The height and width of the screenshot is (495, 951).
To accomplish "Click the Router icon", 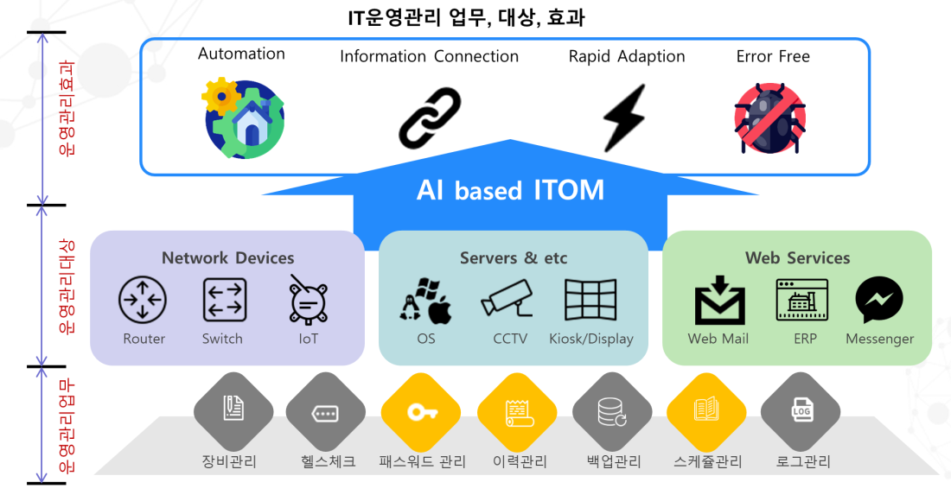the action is [143, 299].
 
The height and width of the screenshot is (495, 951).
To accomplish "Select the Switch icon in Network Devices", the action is [225, 300].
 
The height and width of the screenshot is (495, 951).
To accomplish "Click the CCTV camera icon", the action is [507, 298].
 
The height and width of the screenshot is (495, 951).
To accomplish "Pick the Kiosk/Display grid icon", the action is [590, 299].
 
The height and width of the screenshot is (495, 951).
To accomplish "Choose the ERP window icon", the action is [801, 299].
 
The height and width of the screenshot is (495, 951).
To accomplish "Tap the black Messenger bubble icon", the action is [879, 299].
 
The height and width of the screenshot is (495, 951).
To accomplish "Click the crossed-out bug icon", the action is [769, 118].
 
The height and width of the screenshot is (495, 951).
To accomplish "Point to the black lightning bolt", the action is [624, 117].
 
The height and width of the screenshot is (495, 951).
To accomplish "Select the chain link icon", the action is [430, 118].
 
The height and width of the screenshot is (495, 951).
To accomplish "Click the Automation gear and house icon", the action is [243, 118].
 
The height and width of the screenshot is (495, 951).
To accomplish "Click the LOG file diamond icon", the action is [801, 412].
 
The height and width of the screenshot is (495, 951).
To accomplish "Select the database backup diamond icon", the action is [612, 412].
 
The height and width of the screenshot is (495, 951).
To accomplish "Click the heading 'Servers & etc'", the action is [513, 258].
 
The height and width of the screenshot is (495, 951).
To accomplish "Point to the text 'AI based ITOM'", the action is [510, 190].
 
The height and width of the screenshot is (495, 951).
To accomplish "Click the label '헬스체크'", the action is [329, 461].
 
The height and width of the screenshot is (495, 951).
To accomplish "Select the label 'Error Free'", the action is [773, 56].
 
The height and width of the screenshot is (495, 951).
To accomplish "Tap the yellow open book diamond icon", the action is [706, 413].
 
